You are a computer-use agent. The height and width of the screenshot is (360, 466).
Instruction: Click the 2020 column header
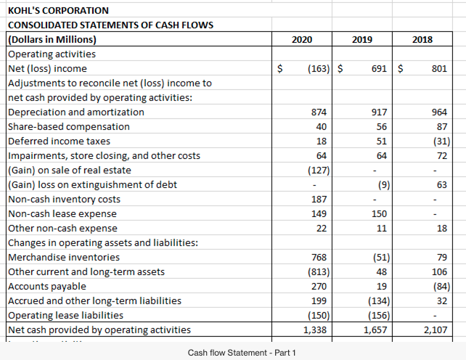301,40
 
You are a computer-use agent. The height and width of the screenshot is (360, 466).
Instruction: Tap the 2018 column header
422,40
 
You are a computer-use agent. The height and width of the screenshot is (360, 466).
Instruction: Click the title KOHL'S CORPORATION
58,11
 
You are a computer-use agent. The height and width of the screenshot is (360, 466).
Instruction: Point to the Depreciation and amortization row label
75,112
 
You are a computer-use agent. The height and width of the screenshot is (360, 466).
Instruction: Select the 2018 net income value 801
438,68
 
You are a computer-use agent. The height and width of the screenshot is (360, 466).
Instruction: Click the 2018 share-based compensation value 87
441,126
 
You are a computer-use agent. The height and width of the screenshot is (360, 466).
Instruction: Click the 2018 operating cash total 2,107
436,330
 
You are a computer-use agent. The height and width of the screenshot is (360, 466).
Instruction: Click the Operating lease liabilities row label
65,315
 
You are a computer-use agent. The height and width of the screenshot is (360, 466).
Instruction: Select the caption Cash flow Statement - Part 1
236,353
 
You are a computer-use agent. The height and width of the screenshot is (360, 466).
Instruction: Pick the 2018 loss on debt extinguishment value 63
441,184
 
